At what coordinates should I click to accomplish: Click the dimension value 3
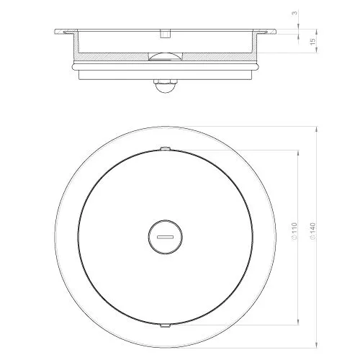pyautogui.click(x=294, y=13)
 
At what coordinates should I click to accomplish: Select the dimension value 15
pyautogui.click(x=312, y=41)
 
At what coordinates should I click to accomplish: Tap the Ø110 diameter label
pyautogui.click(x=294, y=231)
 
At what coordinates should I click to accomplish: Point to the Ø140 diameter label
pyautogui.click(x=312, y=231)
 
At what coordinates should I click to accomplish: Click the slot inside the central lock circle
pyautogui.click(x=165, y=237)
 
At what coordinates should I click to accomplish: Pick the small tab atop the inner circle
pyautogui.click(x=166, y=148)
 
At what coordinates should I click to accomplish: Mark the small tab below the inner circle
pyautogui.click(x=166, y=325)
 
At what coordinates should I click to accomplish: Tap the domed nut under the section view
pyautogui.click(x=165, y=86)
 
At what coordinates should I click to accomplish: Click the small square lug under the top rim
pyautogui.click(x=165, y=34)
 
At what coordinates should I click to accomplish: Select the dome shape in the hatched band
pyautogui.click(x=165, y=56)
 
